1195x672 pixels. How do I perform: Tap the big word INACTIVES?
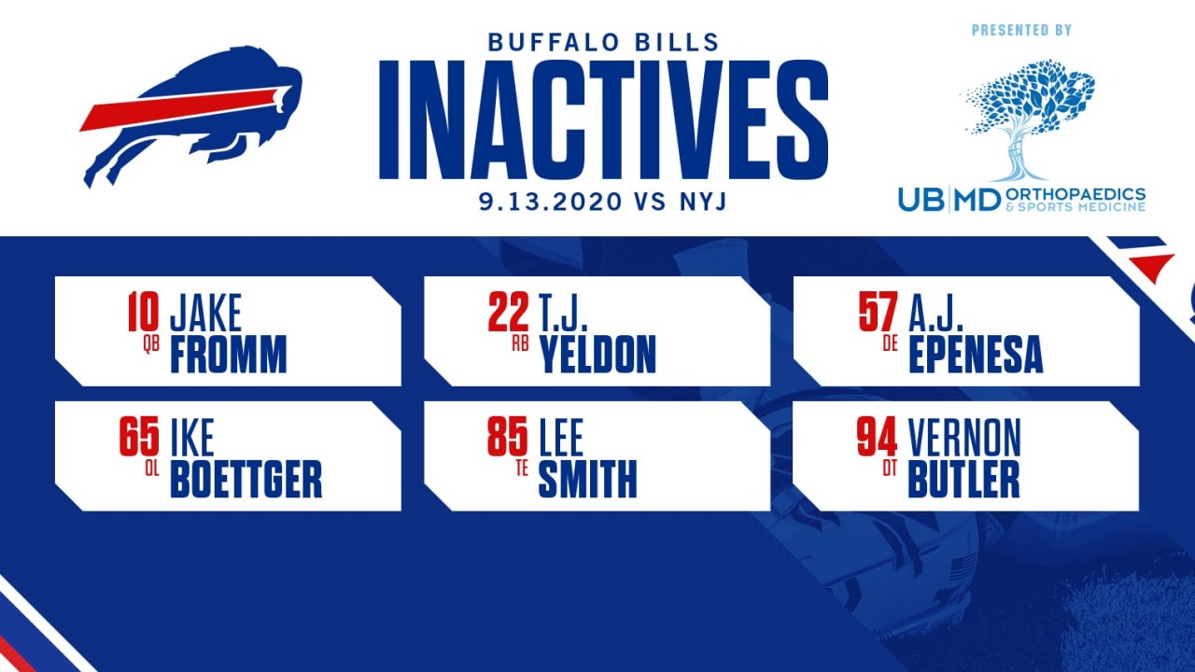tap(603, 120)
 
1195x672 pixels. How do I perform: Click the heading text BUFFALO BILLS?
tap(603, 43)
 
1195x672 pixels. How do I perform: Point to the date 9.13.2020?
tap(550, 202)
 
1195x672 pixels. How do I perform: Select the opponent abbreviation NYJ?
tap(703, 202)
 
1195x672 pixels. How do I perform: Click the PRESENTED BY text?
tap(1021, 30)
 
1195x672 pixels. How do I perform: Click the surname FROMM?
tap(229, 354)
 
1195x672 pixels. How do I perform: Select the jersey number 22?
tap(509, 312)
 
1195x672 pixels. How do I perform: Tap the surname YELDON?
tap(597, 354)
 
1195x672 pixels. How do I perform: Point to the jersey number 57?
tap(879, 312)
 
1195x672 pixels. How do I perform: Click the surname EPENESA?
tap(976, 354)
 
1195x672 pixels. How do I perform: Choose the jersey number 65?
tap(139, 437)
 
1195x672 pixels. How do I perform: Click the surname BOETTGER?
tap(246, 479)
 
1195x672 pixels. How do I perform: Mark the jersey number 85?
tap(508, 437)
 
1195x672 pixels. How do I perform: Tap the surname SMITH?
tap(588, 479)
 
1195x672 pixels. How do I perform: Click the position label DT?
tap(890, 469)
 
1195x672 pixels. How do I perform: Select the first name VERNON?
tap(964, 438)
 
